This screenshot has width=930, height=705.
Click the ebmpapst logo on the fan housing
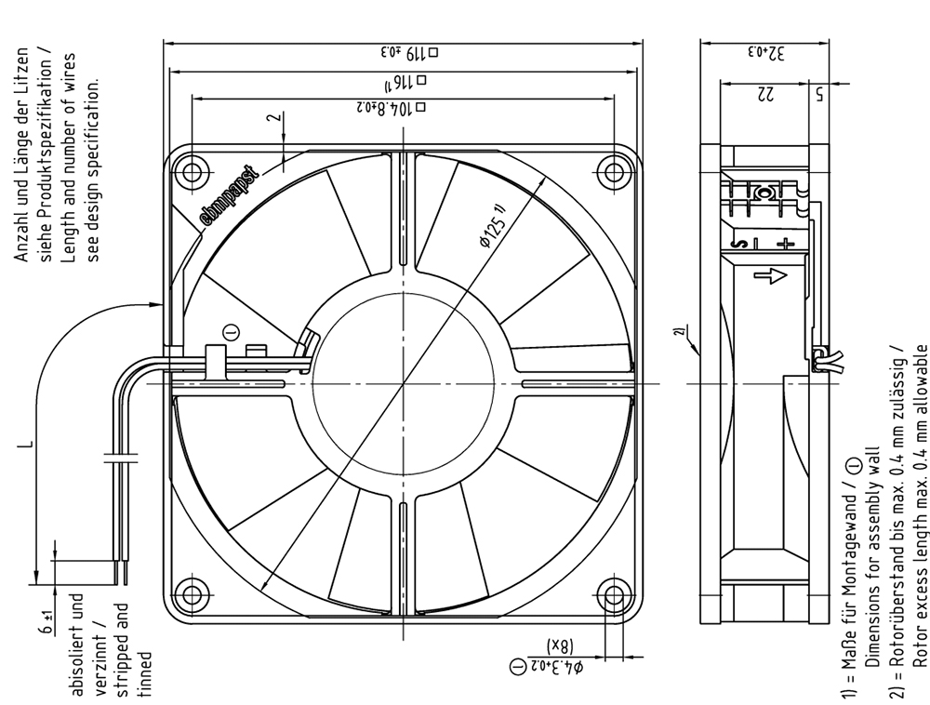pos(231,196)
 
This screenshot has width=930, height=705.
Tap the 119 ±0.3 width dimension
pos(410,53)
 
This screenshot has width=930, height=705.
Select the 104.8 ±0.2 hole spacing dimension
pos(392,108)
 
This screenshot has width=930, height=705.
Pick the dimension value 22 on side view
pos(764,94)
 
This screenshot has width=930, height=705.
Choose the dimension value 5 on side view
pos(819,94)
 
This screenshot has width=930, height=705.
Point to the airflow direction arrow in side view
pos(770,275)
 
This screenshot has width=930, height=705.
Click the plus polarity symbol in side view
pos(786,243)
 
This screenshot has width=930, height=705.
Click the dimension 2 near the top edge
pos(273,117)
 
